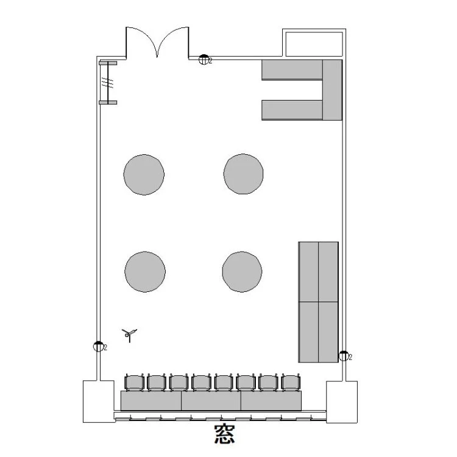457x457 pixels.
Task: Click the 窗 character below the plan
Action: click(224, 434)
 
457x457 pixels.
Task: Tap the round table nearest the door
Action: click(144, 175)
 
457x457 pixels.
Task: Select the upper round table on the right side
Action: click(243, 174)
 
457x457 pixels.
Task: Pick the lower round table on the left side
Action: click(145, 272)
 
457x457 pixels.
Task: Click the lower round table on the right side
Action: click(242, 272)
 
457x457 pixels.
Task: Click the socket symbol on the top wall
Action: click(204, 60)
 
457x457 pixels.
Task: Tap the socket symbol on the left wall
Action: click(99, 346)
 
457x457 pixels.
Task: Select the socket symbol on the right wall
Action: click(344, 356)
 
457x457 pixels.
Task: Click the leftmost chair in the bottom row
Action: click(135, 382)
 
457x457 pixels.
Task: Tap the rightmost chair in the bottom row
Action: click(291, 382)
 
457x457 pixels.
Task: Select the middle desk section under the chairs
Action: click(211, 401)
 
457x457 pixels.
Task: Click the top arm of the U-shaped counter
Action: click(292, 69)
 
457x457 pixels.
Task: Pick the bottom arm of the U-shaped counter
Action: click(292, 110)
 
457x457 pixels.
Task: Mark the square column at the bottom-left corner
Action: click(99, 402)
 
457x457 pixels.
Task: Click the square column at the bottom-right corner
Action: click(342, 402)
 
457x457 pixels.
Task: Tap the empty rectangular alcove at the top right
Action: click(314, 44)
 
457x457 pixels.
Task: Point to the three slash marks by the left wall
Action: click(107, 83)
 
